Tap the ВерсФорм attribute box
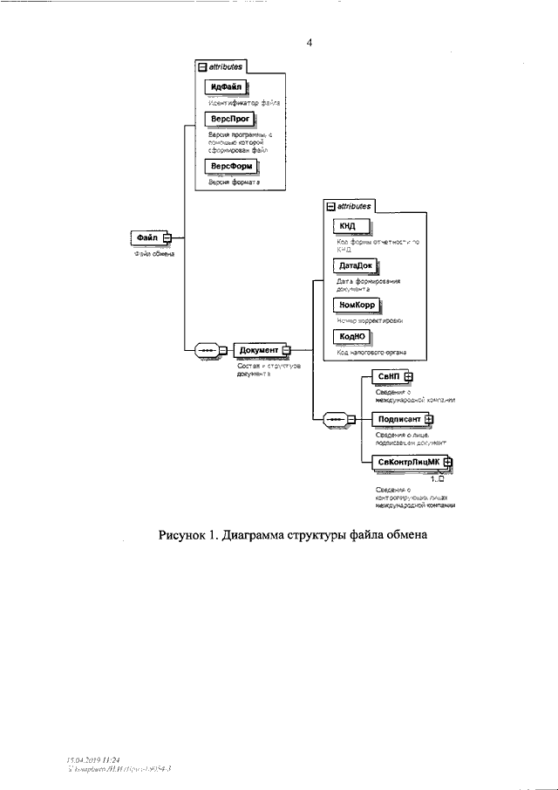229,166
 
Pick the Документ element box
259,351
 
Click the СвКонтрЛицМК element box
406,462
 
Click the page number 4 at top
309,42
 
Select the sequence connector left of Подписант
337,420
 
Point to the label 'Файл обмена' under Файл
153,255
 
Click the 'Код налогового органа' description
371,353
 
